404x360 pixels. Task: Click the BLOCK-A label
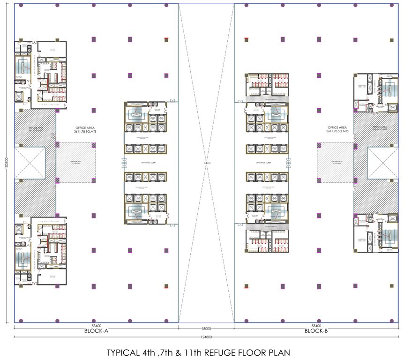click(96, 330)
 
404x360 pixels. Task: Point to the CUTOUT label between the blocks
click(206, 163)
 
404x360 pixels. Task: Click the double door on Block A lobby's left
click(124, 163)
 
